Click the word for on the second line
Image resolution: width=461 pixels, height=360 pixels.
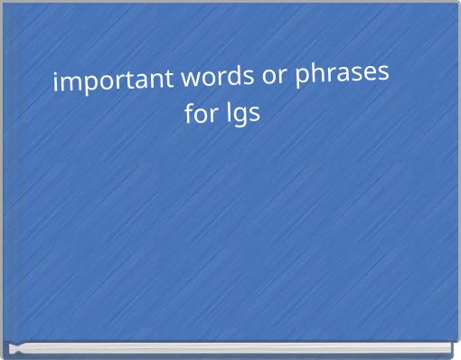pos(200,115)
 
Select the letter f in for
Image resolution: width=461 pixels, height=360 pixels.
pos(189,115)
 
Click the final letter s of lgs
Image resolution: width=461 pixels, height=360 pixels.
pos(254,117)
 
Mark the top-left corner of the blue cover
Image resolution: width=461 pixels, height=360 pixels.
pos(4,4)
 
